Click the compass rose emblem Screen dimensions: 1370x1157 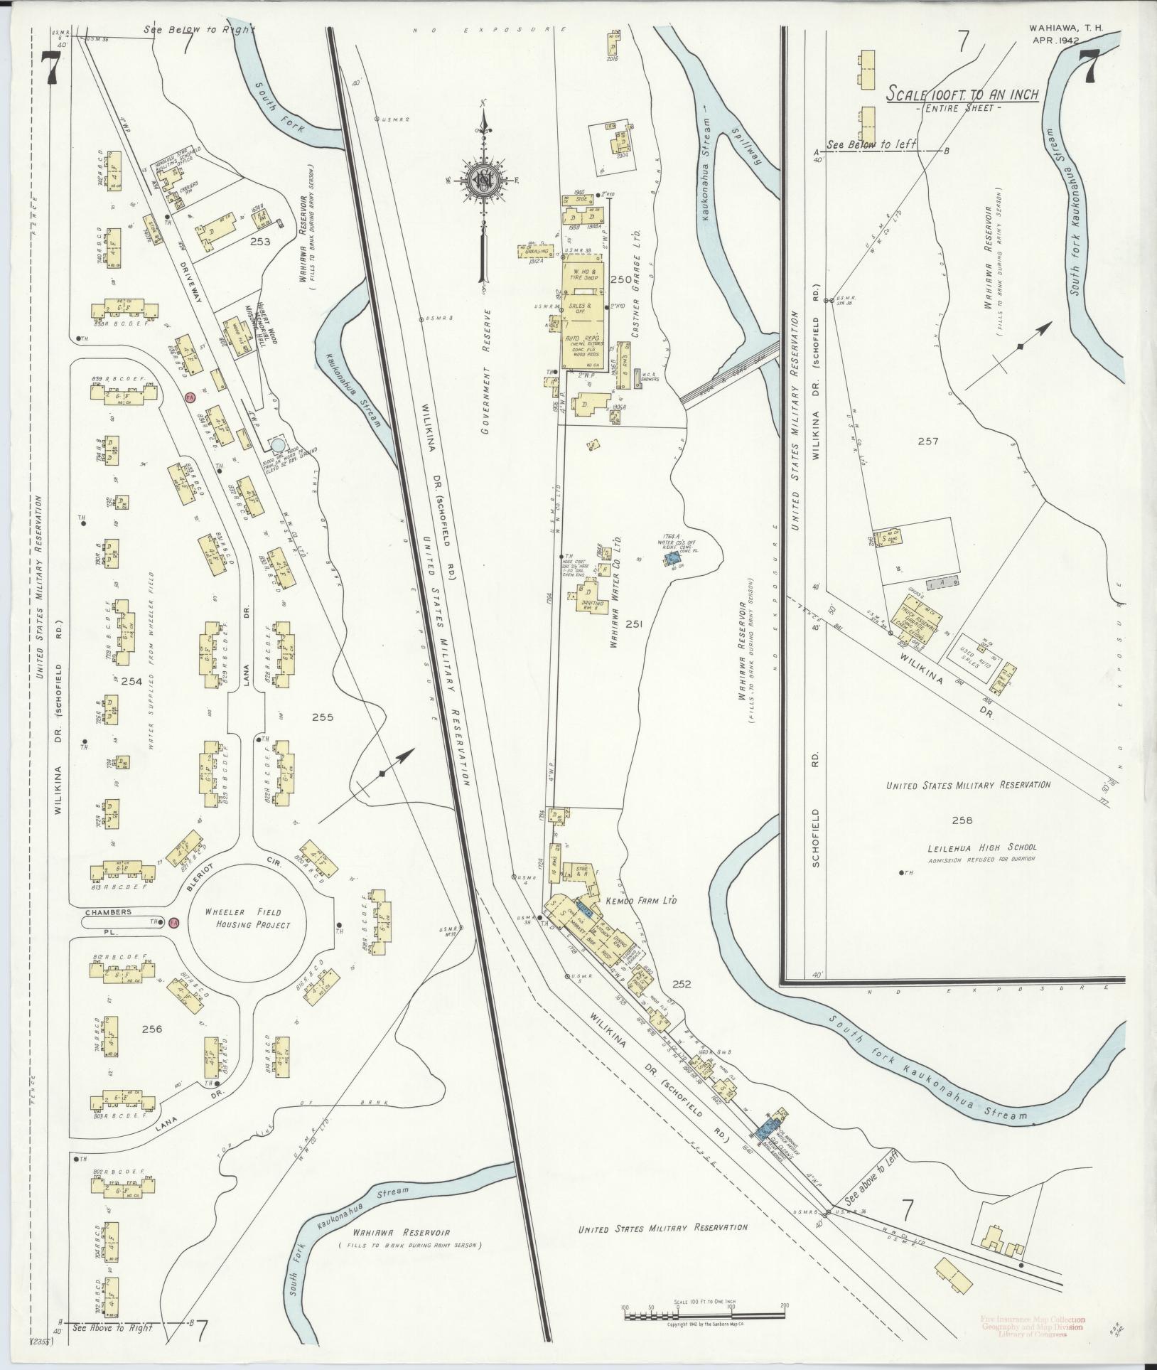click(484, 181)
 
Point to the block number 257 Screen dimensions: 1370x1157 click(927, 441)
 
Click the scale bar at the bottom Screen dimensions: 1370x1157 click(704, 1316)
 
